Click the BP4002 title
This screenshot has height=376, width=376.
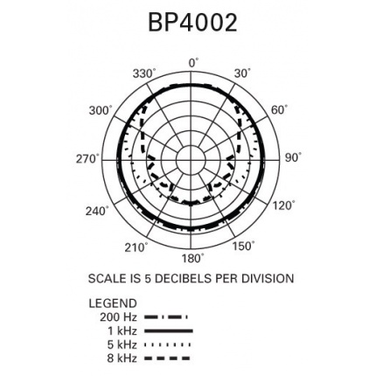click(192, 23)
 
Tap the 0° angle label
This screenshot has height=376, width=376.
click(194, 63)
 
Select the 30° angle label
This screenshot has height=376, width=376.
click(242, 73)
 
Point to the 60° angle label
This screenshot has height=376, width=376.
click(280, 110)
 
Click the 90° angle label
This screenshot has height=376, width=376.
click(293, 157)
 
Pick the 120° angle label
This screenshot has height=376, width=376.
click(283, 205)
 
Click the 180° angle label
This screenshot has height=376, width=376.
click(192, 258)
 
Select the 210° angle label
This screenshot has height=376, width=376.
click(136, 247)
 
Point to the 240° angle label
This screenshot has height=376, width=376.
click(97, 211)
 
